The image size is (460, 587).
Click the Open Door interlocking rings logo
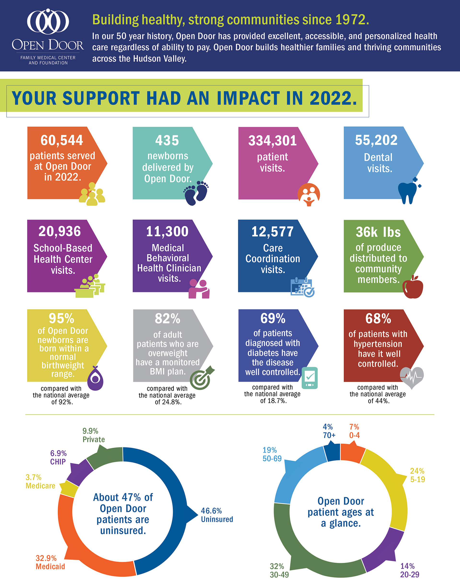[x=48, y=22]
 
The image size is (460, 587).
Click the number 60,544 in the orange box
[x=62, y=140]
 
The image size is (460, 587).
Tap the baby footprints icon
[x=196, y=193]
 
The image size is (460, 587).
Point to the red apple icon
[x=413, y=287]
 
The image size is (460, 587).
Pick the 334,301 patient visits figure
[x=272, y=141]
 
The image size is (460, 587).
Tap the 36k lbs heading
[x=378, y=232]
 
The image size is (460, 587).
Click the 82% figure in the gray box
[x=167, y=319]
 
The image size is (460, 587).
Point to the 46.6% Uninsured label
[x=217, y=515]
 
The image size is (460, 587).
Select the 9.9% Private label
[x=93, y=435]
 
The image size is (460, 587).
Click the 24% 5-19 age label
[x=417, y=475]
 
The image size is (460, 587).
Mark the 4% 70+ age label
[x=329, y=431]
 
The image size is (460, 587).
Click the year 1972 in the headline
[x=352, y=20]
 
